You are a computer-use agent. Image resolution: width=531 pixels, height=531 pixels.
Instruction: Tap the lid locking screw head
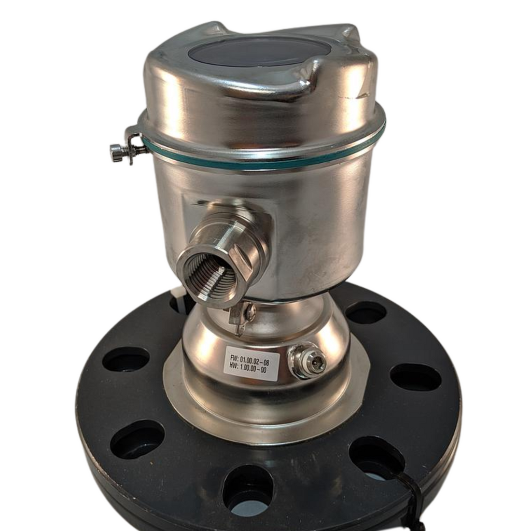coord(117,152)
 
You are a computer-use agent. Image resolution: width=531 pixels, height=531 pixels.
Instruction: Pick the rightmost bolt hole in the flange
coord(415,377)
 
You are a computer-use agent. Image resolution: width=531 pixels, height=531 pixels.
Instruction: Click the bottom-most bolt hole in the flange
coord(248,490)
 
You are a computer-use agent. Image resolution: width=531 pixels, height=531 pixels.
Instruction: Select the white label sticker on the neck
coord(251,364)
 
